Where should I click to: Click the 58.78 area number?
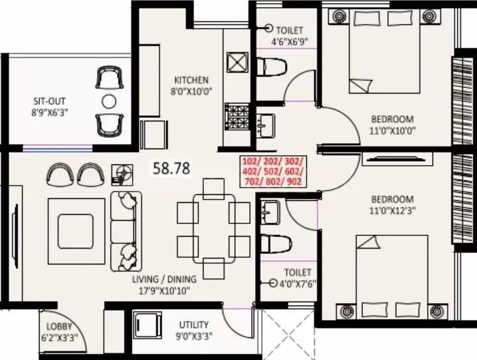tap(172, 168)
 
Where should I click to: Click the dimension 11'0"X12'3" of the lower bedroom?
tap(392, 211)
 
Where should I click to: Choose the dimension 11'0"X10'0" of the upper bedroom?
tap(392, 131)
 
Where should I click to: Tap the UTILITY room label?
tap(193, 325)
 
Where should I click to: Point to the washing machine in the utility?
tap(146, 326)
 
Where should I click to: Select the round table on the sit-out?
tap(109, 101)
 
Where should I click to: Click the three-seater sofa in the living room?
tap(123, 225)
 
